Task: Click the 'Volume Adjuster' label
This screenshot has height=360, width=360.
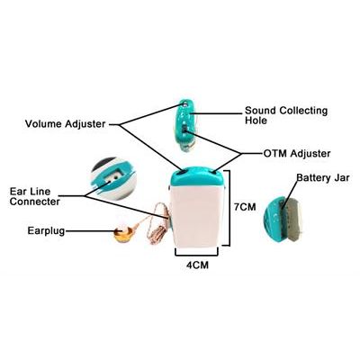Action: (x=65, y=124)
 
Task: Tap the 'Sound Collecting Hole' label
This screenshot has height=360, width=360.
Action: (x=286, y=115)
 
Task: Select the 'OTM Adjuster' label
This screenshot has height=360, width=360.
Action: (x=297, y=154)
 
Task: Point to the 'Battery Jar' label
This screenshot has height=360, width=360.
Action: (x=323, y=177)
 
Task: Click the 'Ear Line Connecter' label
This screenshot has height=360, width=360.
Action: (x=34, y=196)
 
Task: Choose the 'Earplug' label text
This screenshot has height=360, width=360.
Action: (x=46, y=231)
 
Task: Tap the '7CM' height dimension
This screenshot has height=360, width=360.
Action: (x=245, y=207)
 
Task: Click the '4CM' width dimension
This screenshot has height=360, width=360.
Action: (x=197, y=265)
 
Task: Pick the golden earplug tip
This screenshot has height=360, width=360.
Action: (x=122, y=233)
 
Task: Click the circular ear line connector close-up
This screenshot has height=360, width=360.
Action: (x=114, y=178)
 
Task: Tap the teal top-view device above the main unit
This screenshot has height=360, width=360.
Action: (x=185, y=126)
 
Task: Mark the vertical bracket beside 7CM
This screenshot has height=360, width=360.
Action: (x=229, y=208)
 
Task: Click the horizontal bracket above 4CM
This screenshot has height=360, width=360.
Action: (x=197, y=255)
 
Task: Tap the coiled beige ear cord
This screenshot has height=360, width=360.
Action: (x=157, y=225)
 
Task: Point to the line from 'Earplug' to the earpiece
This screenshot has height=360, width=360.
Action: (x=89, y=231)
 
